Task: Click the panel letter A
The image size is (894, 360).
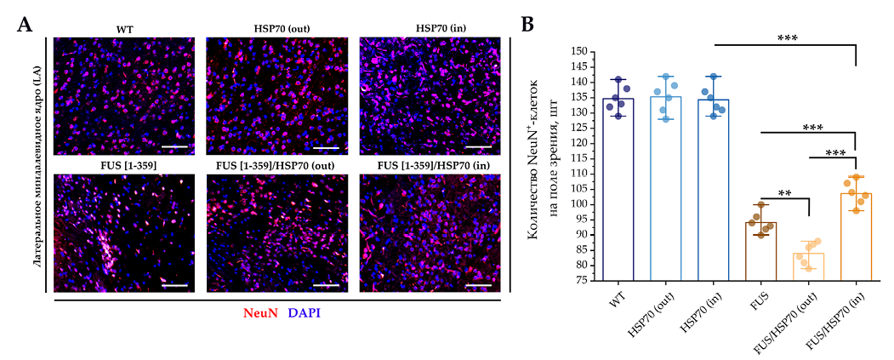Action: click(x=26, y=25)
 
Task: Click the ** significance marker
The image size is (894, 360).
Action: click(x=783, y=194)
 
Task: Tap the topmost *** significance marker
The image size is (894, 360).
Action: click(x=783, y=38)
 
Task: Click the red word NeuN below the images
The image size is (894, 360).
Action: click(x=260, y=313)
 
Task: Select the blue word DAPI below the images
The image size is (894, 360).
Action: click(x=305, y=313)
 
